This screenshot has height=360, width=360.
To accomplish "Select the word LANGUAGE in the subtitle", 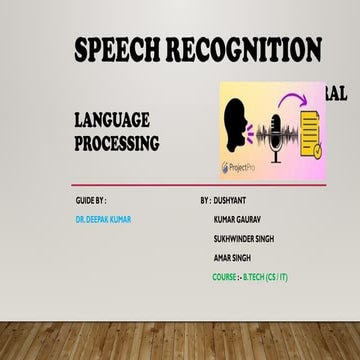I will point(112,121).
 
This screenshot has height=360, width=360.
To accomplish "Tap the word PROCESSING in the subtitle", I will point(117,143).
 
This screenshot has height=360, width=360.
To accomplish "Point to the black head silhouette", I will point(241,126).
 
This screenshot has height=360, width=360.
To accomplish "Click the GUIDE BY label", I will point(91,202).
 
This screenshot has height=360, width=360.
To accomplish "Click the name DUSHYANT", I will point(235,202).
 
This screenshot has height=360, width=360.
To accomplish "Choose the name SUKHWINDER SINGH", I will point(244,238).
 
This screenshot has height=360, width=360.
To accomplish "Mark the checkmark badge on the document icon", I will point(319,147).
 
